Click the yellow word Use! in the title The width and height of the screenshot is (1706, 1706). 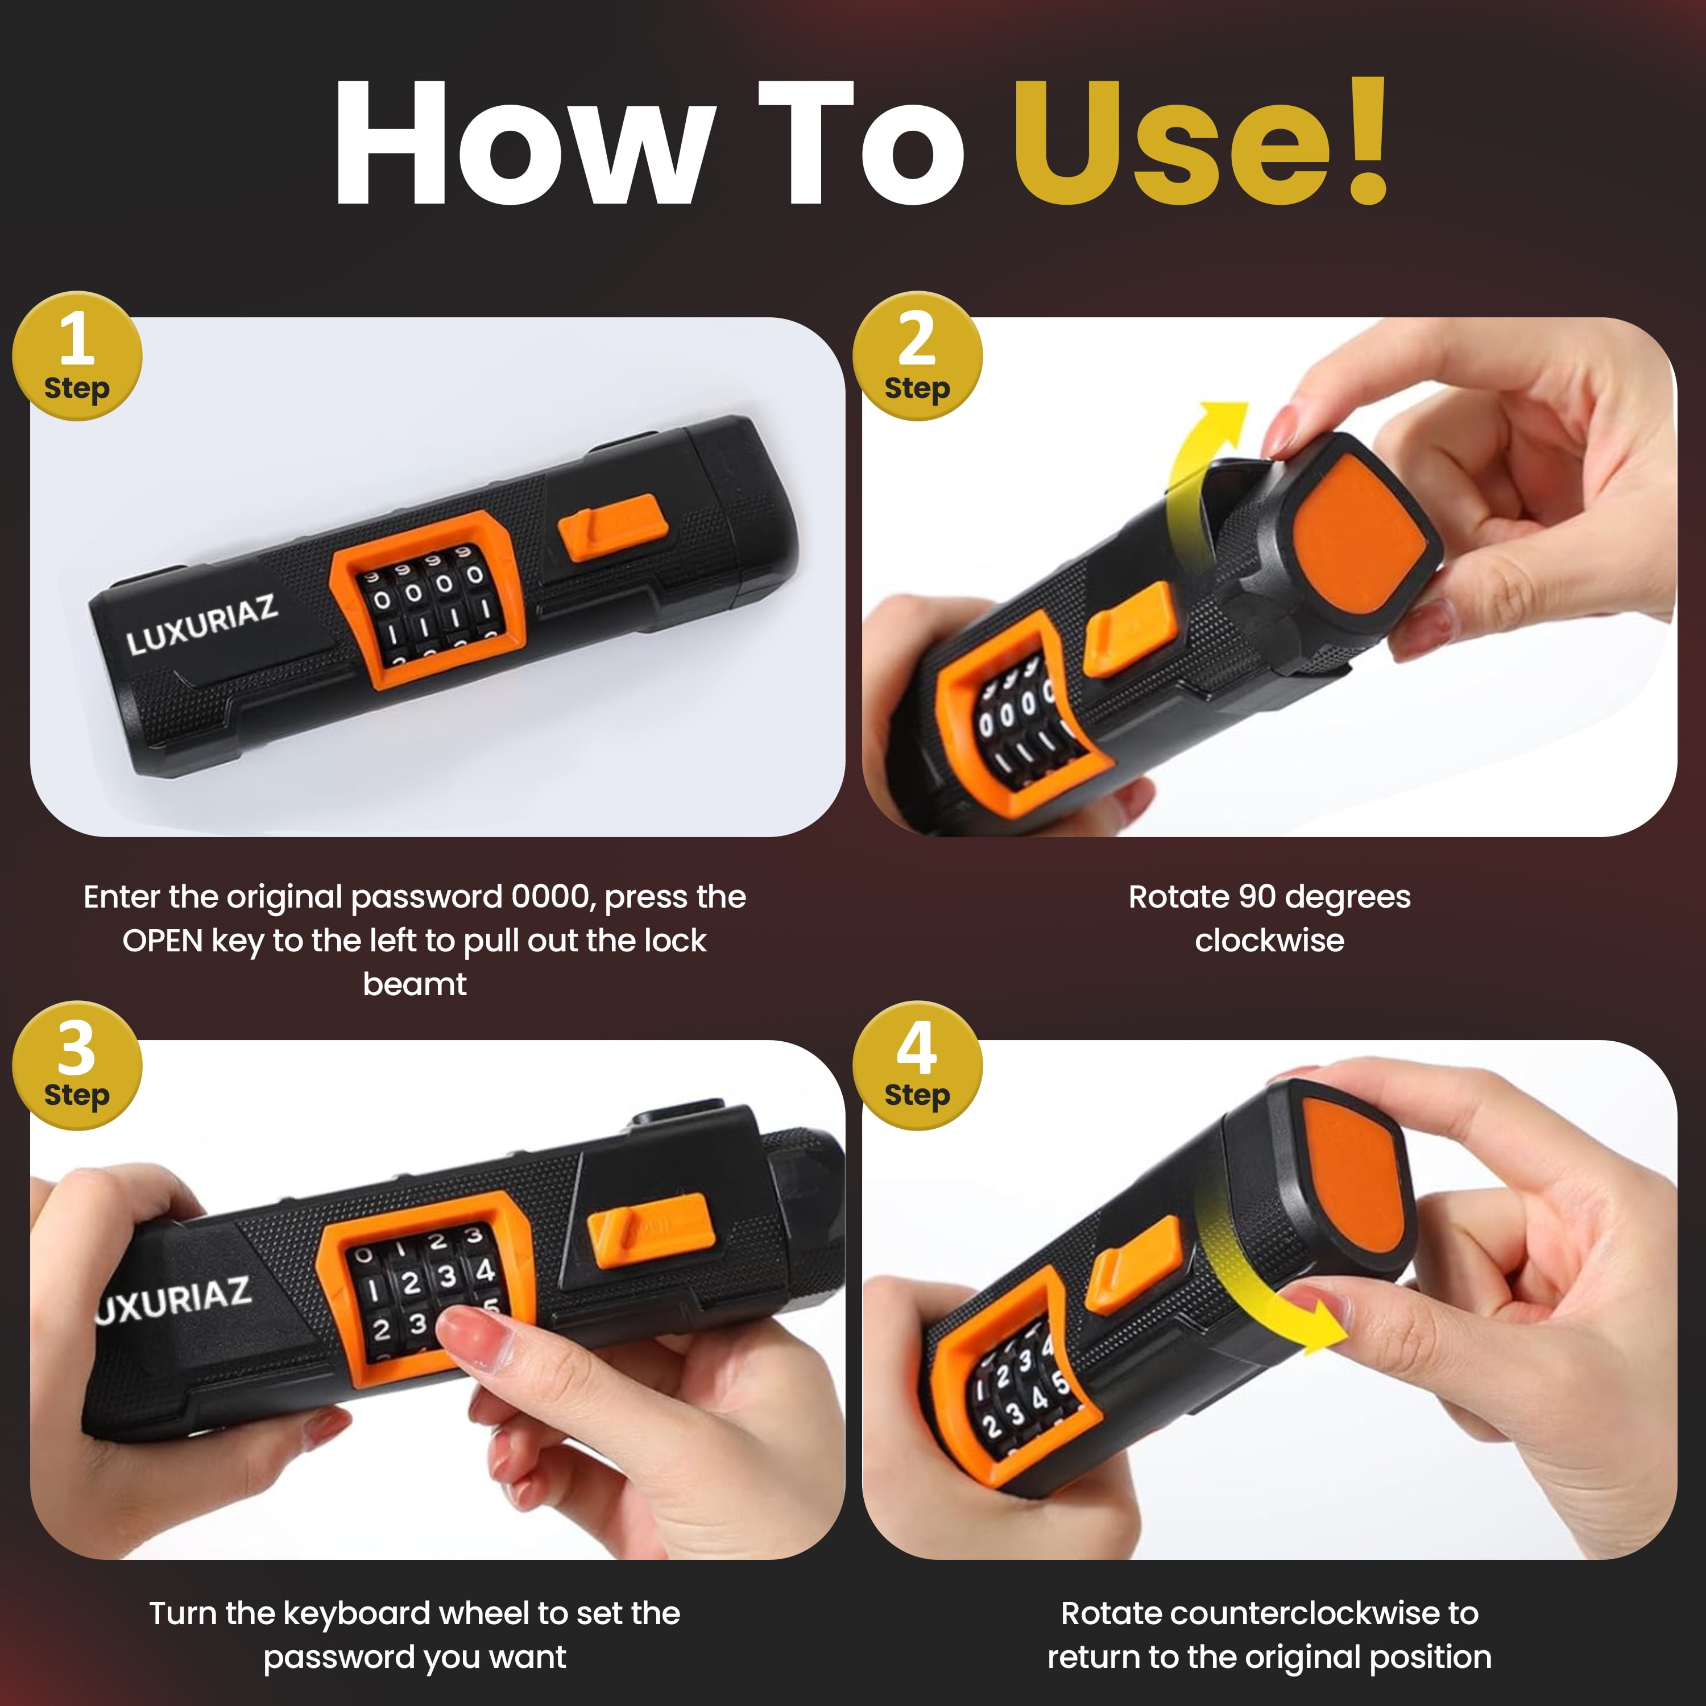coord(1201,143)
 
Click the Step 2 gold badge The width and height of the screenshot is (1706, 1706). coord(917,356)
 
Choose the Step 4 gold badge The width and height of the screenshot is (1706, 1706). coord(917,1065)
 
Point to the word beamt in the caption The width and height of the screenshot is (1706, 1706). coord(414,984)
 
